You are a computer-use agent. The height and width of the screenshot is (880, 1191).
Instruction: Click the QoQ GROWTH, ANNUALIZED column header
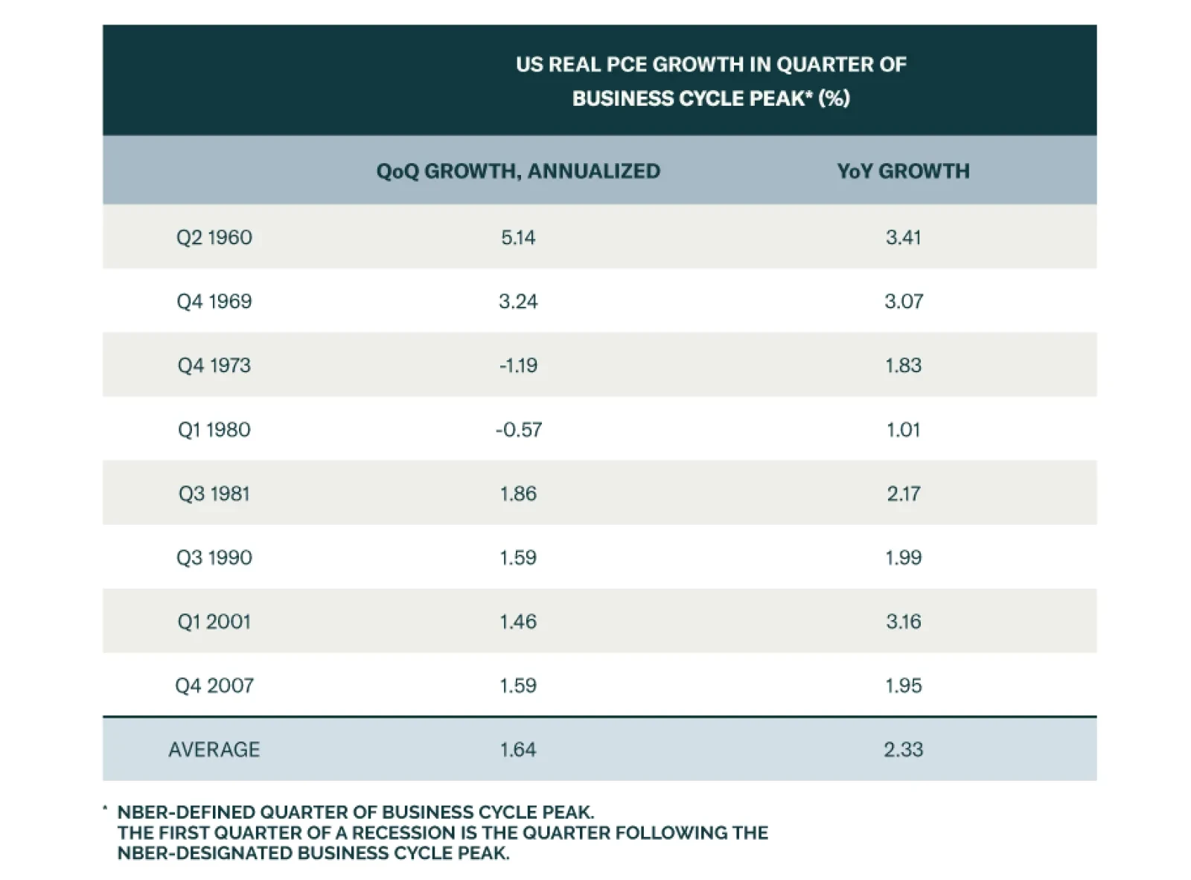(x=518, y=171)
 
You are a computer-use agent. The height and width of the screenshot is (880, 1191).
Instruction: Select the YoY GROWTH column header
(x=903, y=171)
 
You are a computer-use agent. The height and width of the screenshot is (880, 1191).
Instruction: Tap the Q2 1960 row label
(x=214, y=237)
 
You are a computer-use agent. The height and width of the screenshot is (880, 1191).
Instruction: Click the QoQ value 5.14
(x=518, y=237)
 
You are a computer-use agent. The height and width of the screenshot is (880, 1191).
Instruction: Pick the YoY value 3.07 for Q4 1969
(x=904, y=302)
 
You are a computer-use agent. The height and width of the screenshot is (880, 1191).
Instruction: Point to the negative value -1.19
(x=518, y=366)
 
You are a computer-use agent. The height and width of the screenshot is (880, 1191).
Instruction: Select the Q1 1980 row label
(x=214, y=430)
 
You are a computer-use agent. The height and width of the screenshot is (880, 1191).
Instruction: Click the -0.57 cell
(x=518, y=430)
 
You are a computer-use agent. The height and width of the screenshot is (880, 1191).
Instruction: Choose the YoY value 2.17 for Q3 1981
(x=904, y=494)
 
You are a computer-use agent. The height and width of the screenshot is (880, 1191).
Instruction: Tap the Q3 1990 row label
(x=214, y=558)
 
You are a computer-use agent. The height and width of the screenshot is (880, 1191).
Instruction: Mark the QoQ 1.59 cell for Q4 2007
(x=518, y=686)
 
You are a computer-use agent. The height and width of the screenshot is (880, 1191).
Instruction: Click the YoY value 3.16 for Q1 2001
(x=904, y=622)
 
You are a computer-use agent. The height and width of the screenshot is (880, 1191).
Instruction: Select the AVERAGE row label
(x=214, y=750)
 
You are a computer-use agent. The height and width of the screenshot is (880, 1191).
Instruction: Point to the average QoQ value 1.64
(x=518, y=750)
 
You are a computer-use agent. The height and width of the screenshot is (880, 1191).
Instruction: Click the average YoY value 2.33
(x=904, y=750)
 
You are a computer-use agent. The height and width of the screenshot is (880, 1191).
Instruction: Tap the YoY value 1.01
(x=904, y=430)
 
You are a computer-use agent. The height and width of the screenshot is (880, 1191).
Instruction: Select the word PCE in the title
(x=627, y=65)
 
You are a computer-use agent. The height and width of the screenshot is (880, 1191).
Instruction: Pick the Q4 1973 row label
(x=214, y=366)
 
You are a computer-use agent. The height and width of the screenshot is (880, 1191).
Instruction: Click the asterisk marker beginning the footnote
(x=105, y=809)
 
